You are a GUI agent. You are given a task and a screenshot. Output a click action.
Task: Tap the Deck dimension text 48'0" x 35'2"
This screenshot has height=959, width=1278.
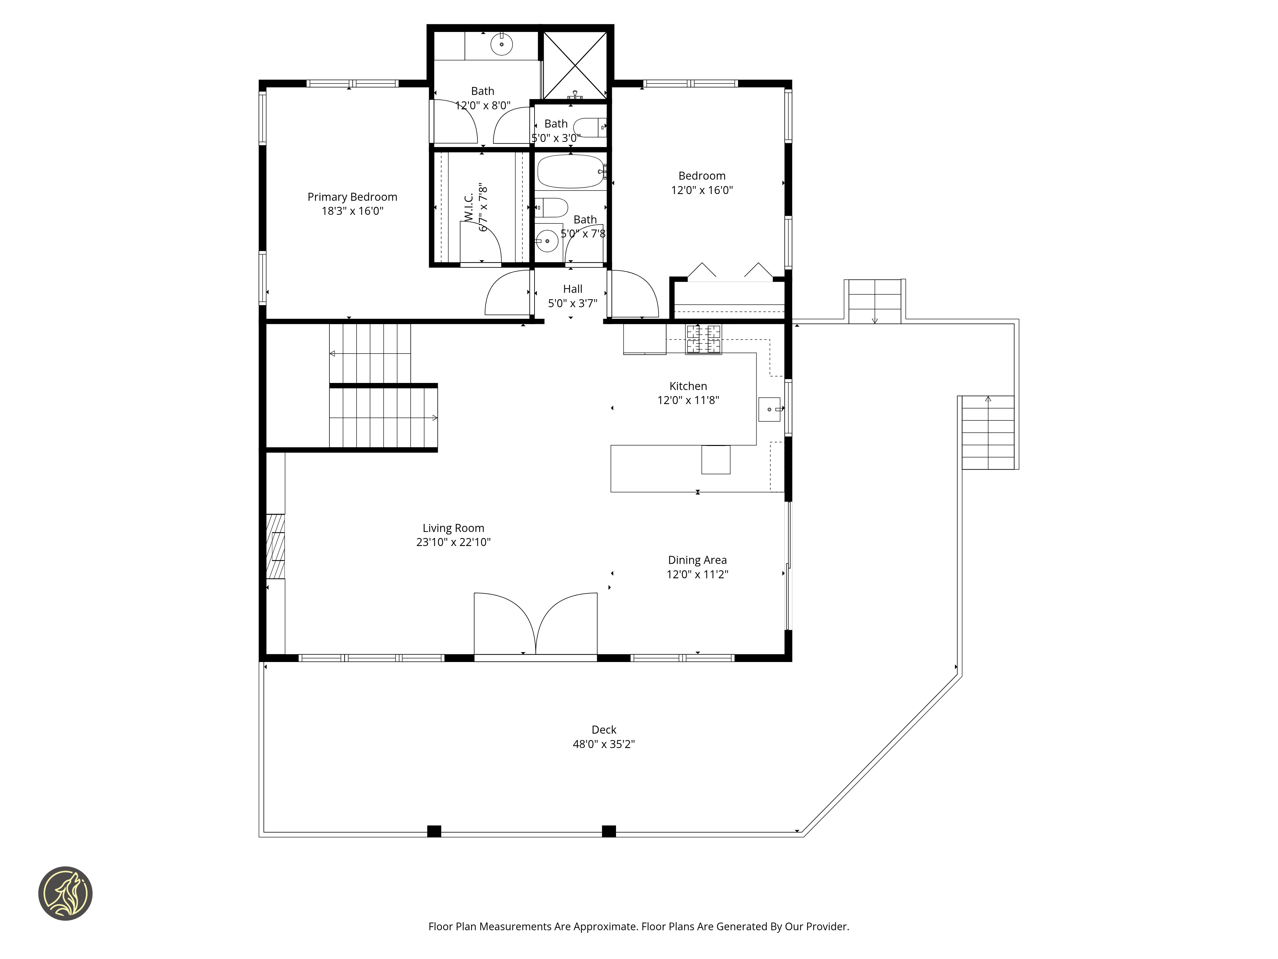[x=604, y=744]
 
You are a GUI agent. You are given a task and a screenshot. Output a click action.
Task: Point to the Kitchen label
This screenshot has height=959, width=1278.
[x=688, y=386]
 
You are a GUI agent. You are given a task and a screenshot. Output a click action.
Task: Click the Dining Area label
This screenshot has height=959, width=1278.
[x=697, y=560]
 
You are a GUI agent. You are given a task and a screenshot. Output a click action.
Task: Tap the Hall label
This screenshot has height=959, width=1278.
[x=573, y=289]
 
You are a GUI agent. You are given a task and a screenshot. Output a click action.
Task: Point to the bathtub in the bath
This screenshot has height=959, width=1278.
[x=571, y=172]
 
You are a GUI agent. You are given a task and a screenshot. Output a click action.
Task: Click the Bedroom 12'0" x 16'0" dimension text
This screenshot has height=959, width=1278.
[x=702, y=190]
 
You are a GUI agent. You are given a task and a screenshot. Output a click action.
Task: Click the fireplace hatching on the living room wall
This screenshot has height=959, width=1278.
[x=276, y=546]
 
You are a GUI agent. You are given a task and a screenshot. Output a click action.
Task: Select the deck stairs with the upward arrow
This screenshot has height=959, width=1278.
[x=988, y=433]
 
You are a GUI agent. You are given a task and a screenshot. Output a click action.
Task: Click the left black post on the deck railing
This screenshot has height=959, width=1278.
[x=434, y=831]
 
